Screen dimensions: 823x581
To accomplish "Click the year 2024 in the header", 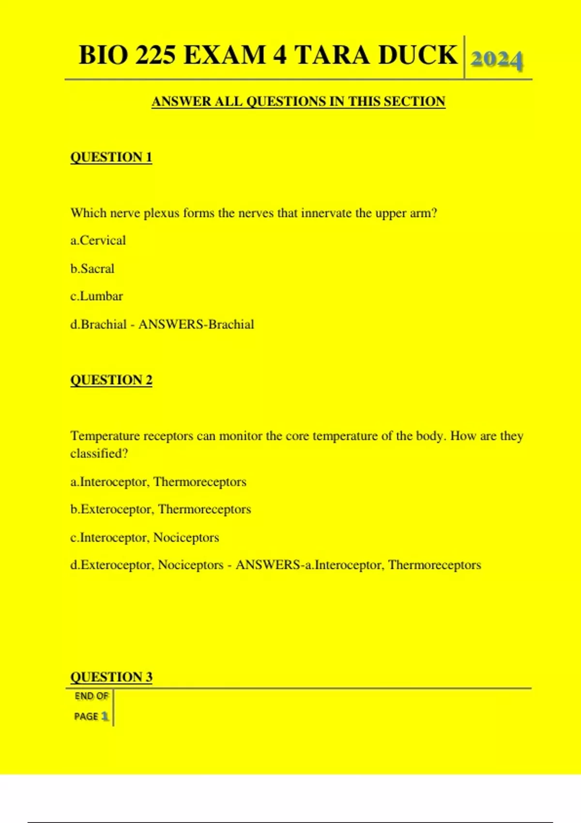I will coord(496,60).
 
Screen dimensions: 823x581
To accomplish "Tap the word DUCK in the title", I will coord(418,54).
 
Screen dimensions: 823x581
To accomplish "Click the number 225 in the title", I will coord(155,54).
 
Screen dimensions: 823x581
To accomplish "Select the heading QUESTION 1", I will coord(111,157).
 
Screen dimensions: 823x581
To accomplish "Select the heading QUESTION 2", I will coord(111,380).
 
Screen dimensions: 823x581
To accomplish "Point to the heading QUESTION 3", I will coord(111,677).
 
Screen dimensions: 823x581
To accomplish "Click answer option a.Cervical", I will coord(98,241).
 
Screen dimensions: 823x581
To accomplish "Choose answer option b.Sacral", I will coord(92,269).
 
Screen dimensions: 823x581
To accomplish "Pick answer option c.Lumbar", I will coord(96,296).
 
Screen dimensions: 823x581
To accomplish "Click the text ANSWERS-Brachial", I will coord(196,324).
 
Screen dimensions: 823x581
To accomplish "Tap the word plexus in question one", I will coord(161,213).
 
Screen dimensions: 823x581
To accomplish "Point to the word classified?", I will coord(99,454).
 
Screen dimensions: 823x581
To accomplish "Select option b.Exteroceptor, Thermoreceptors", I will coord(160,509).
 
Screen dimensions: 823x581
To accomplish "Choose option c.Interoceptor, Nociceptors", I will coord(144,537).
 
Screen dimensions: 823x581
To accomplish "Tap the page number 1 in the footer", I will coord(105,716).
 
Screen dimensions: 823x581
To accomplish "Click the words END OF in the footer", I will coord(92,696).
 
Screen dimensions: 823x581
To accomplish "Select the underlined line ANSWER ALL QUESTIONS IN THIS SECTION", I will coord(298,102).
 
